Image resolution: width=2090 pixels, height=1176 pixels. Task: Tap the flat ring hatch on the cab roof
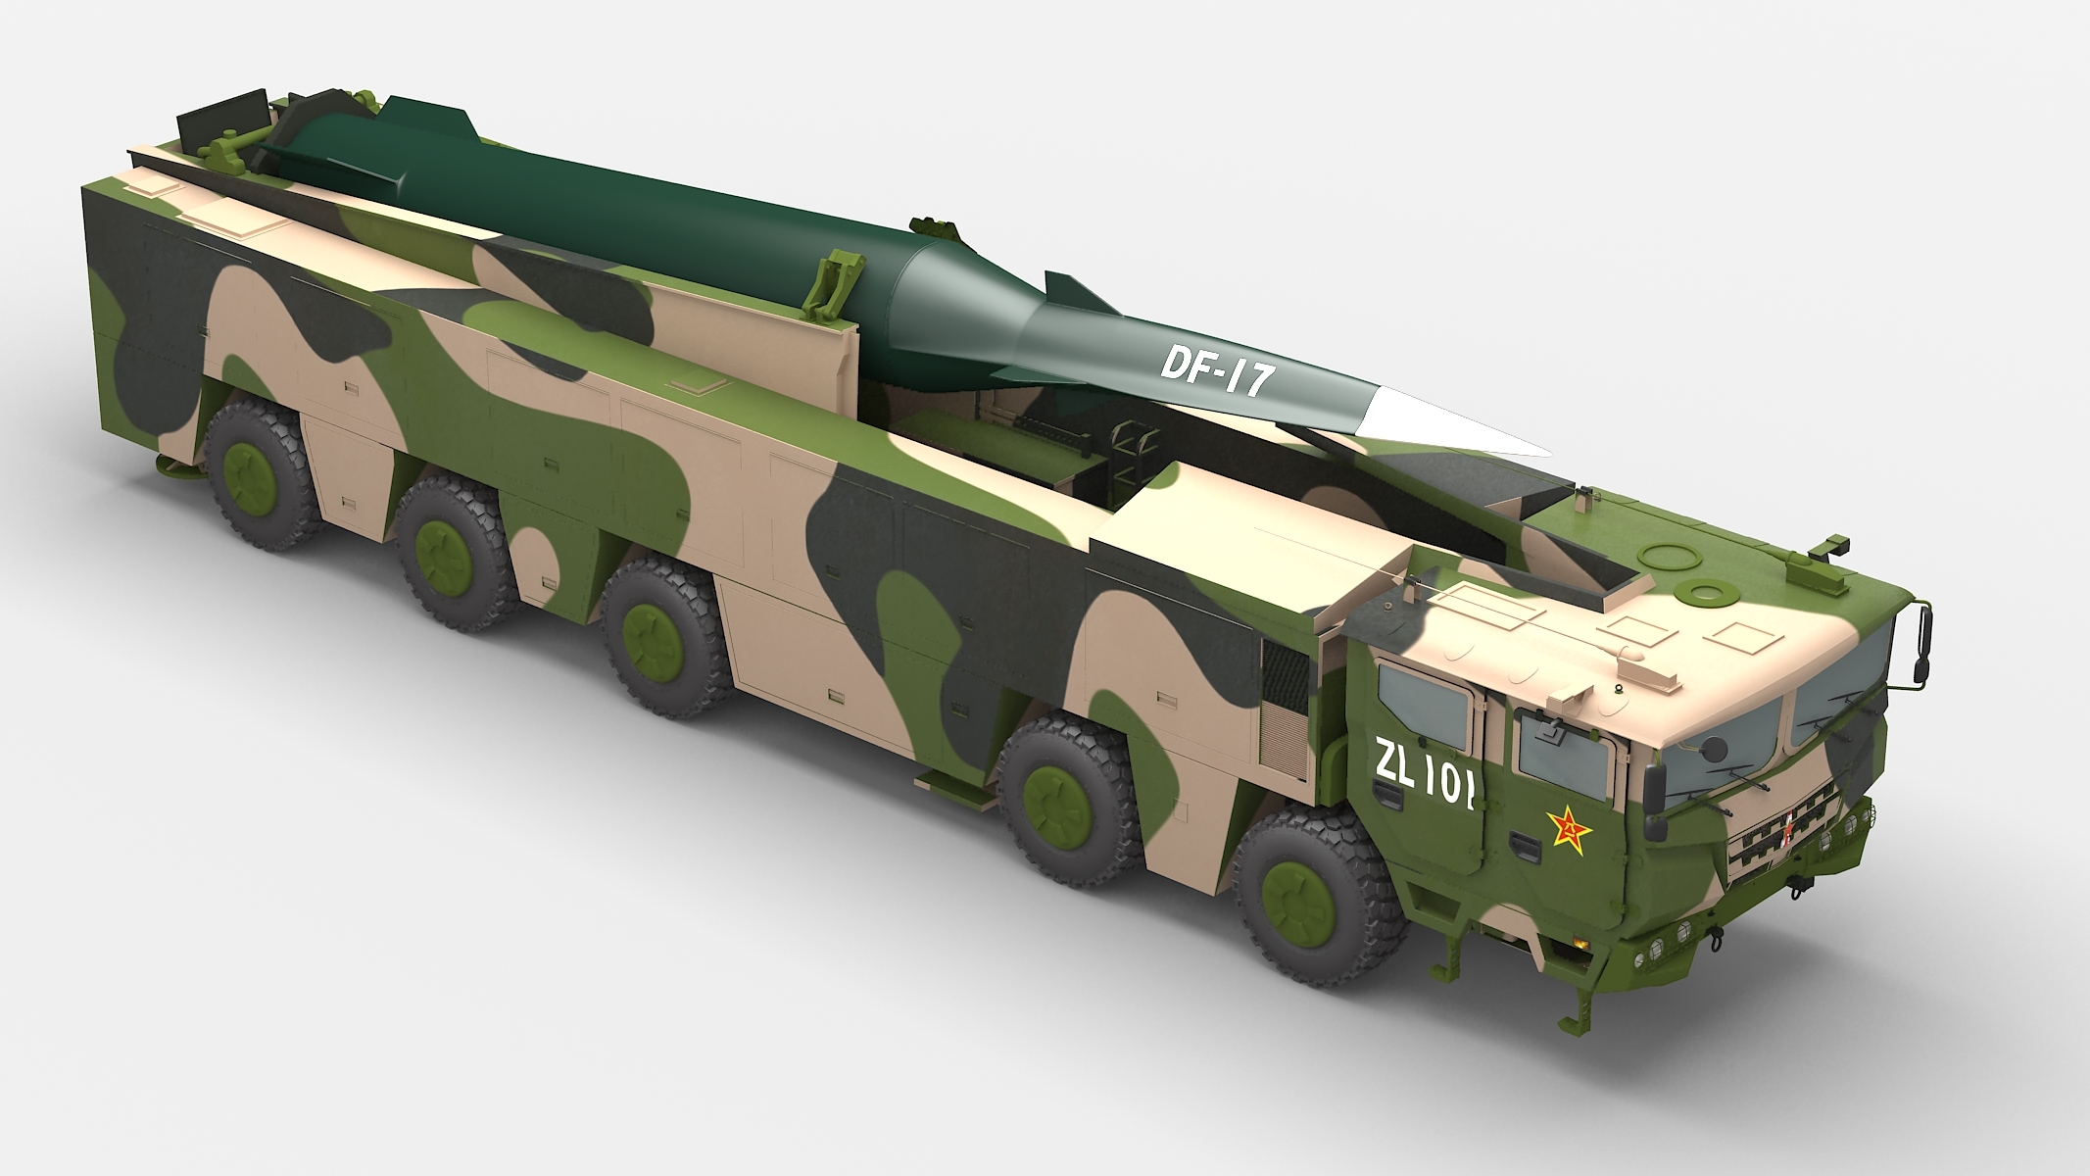[x=1705, y=593]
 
